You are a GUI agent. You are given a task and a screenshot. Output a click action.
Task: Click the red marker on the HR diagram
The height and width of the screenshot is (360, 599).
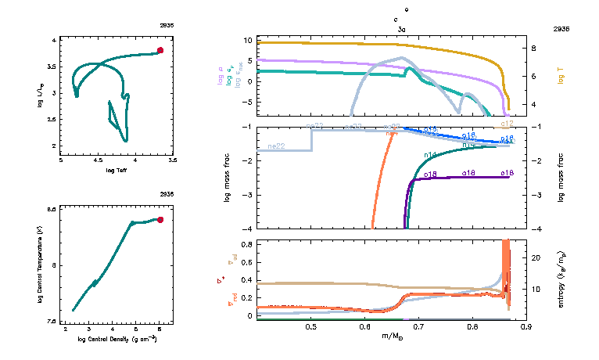(x=160, y=50)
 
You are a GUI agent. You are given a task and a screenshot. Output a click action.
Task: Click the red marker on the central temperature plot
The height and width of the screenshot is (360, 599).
(x=160, y=220)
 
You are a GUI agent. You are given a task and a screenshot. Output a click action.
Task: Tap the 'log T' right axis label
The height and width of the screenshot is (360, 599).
(x=561, y=77)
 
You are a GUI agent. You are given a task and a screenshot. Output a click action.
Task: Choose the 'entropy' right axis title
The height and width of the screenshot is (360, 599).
(x=561, y=279)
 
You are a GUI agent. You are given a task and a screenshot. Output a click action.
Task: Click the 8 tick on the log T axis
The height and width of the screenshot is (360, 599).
(x=536, y=48)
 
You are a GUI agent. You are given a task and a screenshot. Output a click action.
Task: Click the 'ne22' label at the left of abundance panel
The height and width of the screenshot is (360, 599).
(x=275, y=146)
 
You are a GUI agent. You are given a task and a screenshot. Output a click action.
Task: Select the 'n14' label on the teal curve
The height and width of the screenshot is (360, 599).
(x=429, y=155)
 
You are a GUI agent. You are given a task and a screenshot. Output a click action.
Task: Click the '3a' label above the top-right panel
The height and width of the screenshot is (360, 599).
(x=401, y=27)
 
